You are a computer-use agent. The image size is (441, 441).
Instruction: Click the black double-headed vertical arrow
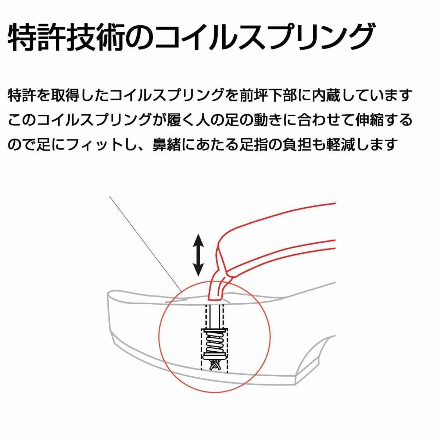tap(199, 255)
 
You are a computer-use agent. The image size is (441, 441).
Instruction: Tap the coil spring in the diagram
tap(215, 342)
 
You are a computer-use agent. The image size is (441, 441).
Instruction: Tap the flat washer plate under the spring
tap(214, 356)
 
